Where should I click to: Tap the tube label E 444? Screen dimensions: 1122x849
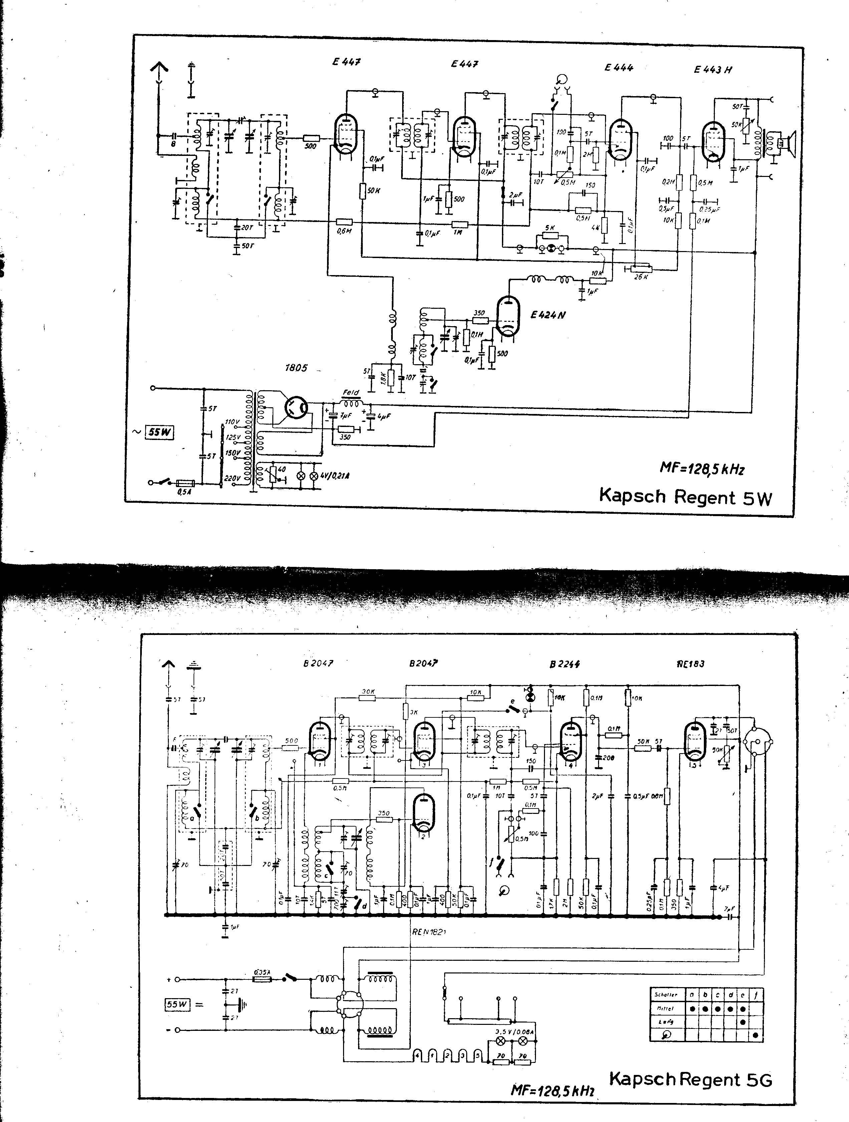pos(619,67)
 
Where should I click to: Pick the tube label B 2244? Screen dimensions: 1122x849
pos(564,664)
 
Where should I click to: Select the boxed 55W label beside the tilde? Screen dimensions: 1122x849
pos(159,432)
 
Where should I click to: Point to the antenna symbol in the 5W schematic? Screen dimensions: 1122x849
pos(159,71)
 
